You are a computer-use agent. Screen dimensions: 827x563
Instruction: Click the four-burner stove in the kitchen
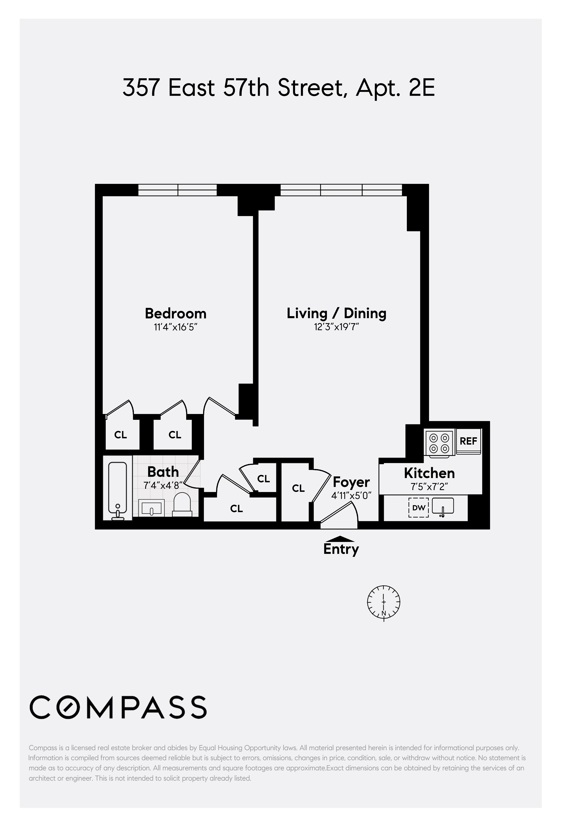[439, 443]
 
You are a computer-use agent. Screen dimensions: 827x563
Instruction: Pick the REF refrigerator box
[468, 441]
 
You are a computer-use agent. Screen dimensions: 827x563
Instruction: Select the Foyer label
[351, 482]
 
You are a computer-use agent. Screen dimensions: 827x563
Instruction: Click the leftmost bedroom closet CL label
[121, 435]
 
